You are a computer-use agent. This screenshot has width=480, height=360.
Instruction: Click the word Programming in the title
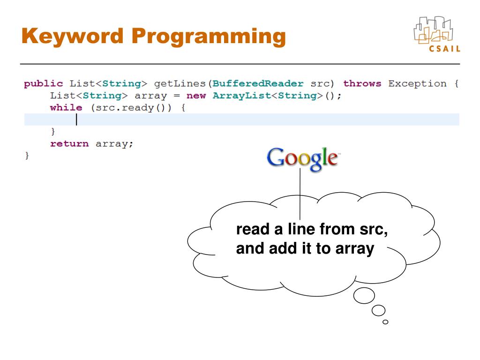coord(209,37)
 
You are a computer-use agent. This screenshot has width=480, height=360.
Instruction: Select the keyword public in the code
coord(43,84)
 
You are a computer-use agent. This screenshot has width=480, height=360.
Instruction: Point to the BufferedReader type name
coord(258,84)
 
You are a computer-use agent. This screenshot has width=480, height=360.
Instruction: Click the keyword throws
coord(362,84)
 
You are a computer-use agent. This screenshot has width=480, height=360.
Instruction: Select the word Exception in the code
coord(417,84)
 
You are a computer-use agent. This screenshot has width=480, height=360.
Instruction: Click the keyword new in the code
coord(196,96)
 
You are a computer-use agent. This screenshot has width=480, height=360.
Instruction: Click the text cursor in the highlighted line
coord(76,120)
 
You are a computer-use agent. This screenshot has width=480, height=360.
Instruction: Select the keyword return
coord(69,144)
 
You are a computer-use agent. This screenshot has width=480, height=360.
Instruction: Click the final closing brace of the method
coord(27,156)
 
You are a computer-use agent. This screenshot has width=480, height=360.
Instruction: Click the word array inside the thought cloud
coord(354,249)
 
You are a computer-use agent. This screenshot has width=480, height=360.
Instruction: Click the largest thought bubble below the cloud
coord(364,295)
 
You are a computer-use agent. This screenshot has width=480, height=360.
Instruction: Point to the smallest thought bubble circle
coord(385,322)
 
